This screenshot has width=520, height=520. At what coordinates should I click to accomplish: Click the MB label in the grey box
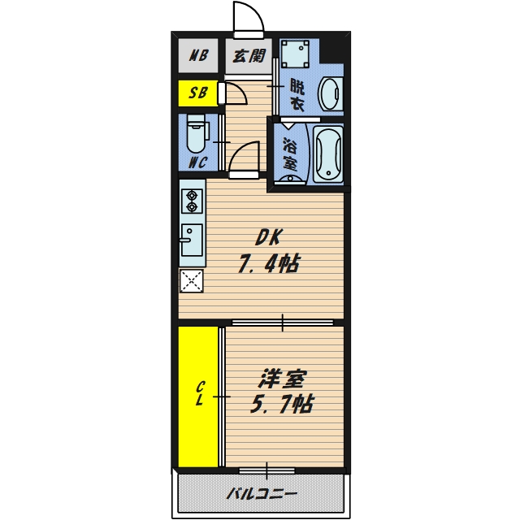198,55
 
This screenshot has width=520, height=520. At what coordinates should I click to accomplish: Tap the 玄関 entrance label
249,56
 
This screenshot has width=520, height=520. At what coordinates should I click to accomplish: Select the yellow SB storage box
198,93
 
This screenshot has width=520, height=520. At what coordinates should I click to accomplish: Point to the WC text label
198,162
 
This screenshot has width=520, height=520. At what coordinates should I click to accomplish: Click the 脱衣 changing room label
297,95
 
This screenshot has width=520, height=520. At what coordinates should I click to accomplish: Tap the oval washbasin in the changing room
330,94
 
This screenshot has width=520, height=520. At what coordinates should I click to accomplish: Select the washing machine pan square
295,54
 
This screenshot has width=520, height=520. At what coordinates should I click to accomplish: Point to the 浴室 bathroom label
290,154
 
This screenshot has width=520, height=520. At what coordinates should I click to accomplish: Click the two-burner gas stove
192,201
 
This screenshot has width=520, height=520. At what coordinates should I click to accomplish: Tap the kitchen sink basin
192,240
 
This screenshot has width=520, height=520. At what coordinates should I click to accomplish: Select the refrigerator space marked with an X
192,281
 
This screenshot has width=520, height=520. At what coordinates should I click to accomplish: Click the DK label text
269,237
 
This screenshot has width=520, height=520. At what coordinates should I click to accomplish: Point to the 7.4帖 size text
269,263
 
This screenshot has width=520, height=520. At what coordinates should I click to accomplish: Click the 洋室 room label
282,378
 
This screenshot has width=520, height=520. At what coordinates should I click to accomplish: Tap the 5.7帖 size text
282,404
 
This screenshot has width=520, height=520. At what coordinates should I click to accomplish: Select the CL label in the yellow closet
199,393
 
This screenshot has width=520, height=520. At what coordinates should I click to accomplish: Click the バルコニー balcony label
262,494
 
